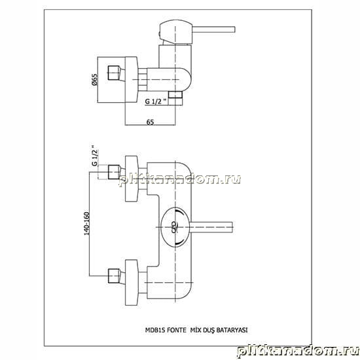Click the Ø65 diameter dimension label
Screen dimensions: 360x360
[95, 80]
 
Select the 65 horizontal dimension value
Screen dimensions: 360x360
[150, 122]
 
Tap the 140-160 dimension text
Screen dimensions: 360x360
[86, 223]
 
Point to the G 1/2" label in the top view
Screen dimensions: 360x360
[156, 101]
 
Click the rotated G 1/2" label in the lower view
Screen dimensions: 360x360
[95, 155]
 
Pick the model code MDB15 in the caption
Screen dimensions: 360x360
[154, 330]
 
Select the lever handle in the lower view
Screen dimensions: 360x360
[211, 227]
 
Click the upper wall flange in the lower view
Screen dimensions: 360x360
[132, 179]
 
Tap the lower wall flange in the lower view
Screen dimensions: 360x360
[132, 283]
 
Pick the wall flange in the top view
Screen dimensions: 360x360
[132, 79]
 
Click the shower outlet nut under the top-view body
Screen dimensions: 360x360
[175, 95]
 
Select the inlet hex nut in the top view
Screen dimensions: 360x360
[114, 73]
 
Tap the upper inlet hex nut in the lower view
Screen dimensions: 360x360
[114, 172]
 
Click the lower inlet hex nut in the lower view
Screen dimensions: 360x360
[114, 276]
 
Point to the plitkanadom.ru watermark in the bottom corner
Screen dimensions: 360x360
[298, 351]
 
